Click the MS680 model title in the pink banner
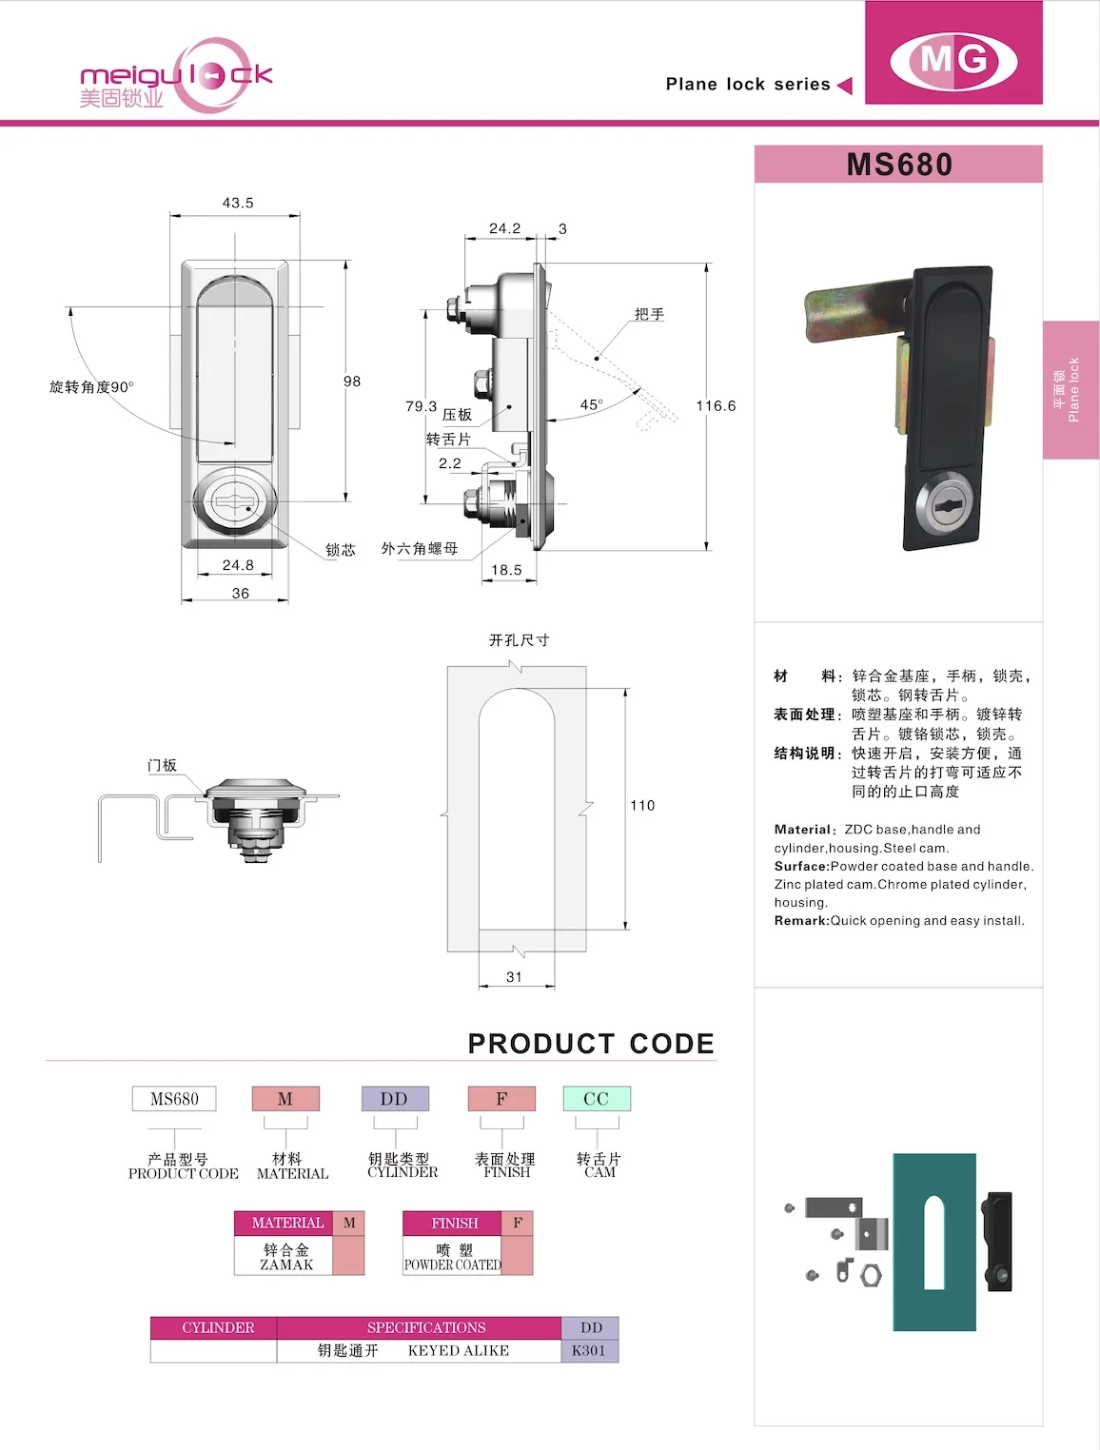(899, 165)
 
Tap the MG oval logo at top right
(953, 60)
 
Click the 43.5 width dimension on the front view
(238, 203)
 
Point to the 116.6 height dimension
(716, 405)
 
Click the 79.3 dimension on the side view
(421, 406)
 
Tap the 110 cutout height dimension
(642, 805)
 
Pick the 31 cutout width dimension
(514, 977)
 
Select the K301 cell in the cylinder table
(589, 1350)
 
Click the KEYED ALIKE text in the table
(459, 1350)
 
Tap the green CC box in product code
(597, 1099)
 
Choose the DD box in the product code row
(394, 1099)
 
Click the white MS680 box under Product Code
(174, 1099)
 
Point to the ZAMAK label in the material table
(286, 1264)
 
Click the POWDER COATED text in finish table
(452, 1264)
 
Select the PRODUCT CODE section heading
(591, 1044)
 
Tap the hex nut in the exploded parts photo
(871, 1274)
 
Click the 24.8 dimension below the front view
(238, 565)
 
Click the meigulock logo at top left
(176, 76)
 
